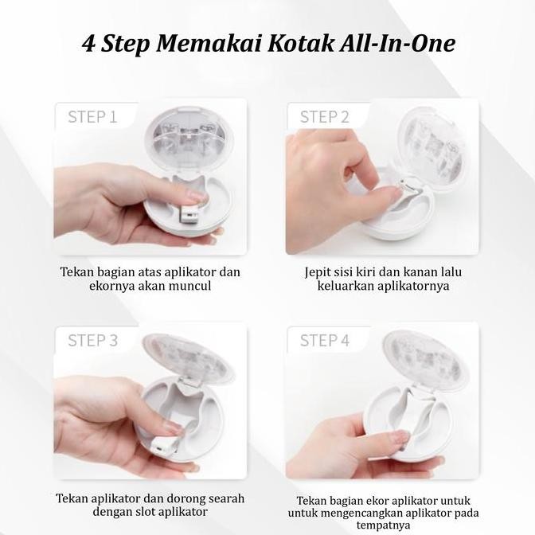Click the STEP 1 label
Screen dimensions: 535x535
92,117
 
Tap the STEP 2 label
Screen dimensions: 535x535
325,117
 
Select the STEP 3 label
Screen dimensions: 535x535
93,341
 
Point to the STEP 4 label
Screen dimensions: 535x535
325,341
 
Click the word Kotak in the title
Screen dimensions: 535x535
301,44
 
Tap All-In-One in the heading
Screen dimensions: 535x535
397,44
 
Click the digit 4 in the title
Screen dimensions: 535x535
88,44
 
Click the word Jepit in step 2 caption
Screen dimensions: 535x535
318,272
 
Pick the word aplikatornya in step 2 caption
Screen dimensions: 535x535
413,286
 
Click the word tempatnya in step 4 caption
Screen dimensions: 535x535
383,525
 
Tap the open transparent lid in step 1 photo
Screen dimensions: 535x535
189,139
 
